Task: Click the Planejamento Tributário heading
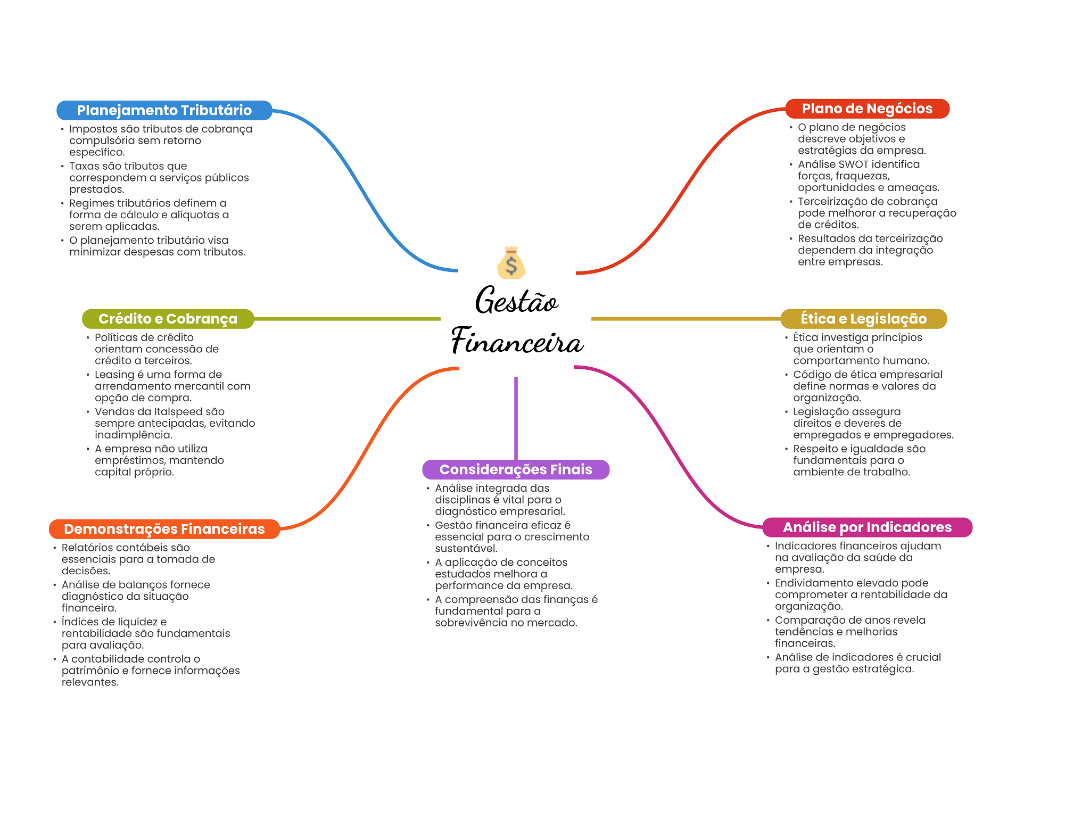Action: [x=164, y=110]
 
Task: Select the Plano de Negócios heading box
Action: [x=867, y=109]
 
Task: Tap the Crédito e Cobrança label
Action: [x=168, y=319]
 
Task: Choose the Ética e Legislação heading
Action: [x=863, y=319]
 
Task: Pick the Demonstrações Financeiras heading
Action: [x=164, y=529]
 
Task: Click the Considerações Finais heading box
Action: [x=515, y=469]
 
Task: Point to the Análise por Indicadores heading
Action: [x=867, y=527]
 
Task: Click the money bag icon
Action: [x=511, y=263]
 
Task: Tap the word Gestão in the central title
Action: [x=516, y=301]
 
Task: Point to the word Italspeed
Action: [x=179, y=412]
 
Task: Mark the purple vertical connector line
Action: [x=516, y=418]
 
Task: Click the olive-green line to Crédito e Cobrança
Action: [x=346, y=319]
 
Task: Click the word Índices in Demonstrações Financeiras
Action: [x=80, y=622]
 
